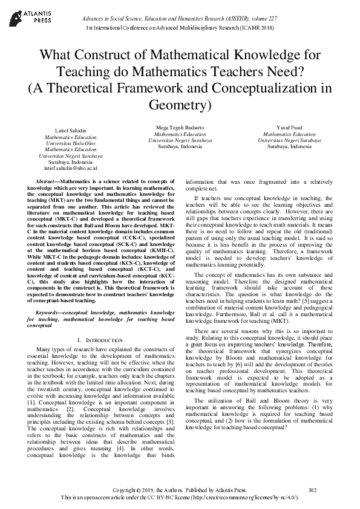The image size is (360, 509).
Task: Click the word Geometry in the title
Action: tap(180, 105)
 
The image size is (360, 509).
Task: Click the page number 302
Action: tap(312, 490)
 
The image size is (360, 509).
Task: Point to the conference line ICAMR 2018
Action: tap(180, 28)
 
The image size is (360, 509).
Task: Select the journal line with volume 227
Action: tap(180, 18)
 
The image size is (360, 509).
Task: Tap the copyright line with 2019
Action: tap(180, 490)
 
